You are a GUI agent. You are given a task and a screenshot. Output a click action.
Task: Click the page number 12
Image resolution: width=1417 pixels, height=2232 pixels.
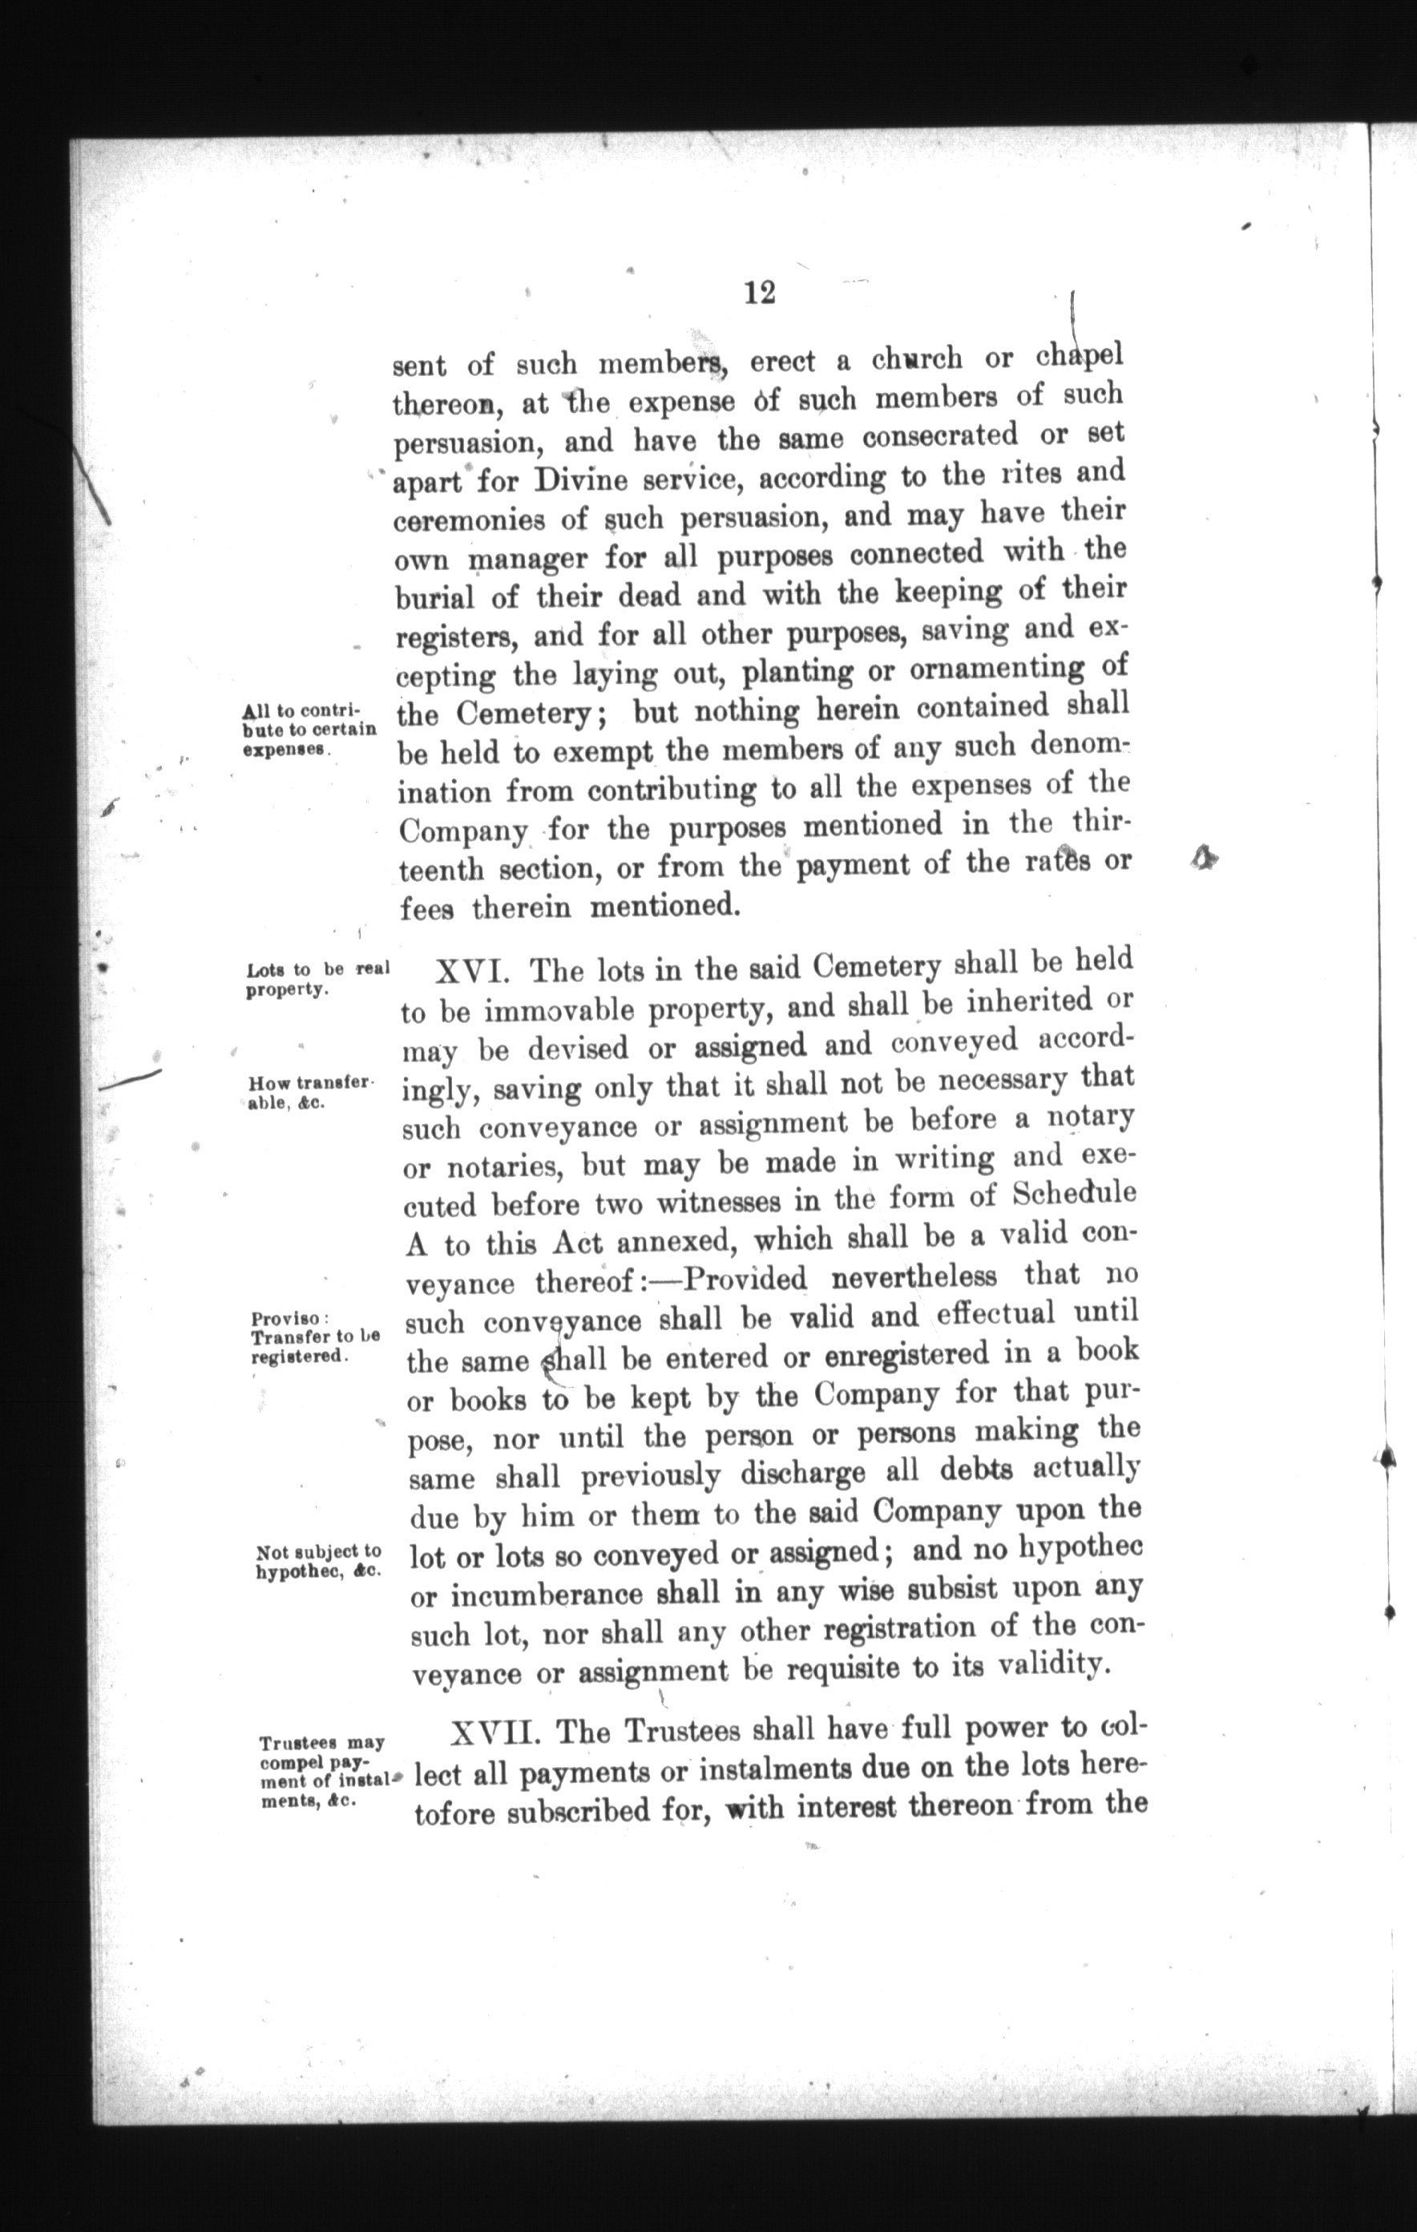759,293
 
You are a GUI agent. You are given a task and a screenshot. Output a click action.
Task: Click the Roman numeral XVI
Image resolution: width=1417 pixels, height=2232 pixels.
470,972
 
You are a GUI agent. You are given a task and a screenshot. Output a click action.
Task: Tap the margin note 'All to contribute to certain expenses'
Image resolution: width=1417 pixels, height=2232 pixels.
309,730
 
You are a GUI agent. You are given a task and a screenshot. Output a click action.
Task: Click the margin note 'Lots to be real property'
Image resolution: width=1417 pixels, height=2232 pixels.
317,980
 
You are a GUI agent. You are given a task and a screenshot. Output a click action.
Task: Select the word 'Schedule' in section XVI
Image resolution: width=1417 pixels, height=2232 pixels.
1073,1193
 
